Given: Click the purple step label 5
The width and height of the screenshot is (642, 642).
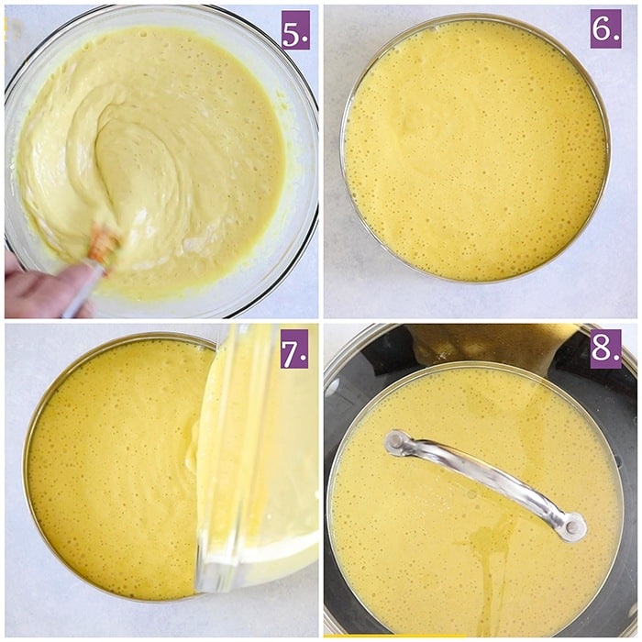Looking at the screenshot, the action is (295, 30).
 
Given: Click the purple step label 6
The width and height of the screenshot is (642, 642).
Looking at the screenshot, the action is (605, 29).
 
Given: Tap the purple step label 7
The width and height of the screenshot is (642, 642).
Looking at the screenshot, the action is (294, 349).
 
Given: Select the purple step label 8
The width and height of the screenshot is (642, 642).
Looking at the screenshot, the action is (605, 349).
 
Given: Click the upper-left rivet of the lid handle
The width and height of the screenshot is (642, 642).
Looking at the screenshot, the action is (395, 441).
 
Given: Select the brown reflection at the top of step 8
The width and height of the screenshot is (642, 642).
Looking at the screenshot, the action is (492, 344).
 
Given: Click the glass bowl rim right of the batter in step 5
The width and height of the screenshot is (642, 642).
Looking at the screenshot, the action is (302, 164).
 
